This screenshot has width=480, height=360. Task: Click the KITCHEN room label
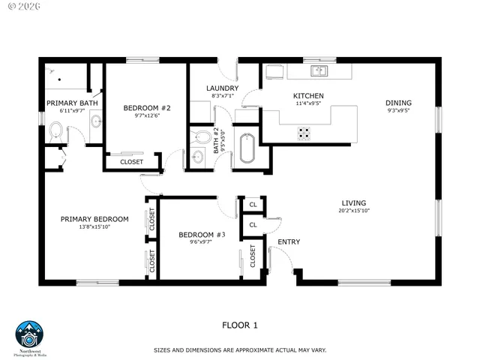coord(308,96)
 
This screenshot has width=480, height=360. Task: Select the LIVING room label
coord(354,202)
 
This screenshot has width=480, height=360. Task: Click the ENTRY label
coord(289,241)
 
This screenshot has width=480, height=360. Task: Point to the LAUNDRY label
coord(223,88)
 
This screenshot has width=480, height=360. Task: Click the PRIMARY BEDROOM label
coord(94,219)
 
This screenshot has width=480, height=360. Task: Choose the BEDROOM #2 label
coord(147,108)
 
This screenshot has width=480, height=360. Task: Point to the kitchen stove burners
coord(304,133)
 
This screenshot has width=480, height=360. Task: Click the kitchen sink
coord(320,71)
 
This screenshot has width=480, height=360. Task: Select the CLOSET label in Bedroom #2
coord(131,161)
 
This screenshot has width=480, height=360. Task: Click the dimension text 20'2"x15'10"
coord(354,211)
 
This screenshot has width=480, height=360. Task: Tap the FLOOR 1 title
coord(240,325)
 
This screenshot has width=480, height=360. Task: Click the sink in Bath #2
coord(197,157)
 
